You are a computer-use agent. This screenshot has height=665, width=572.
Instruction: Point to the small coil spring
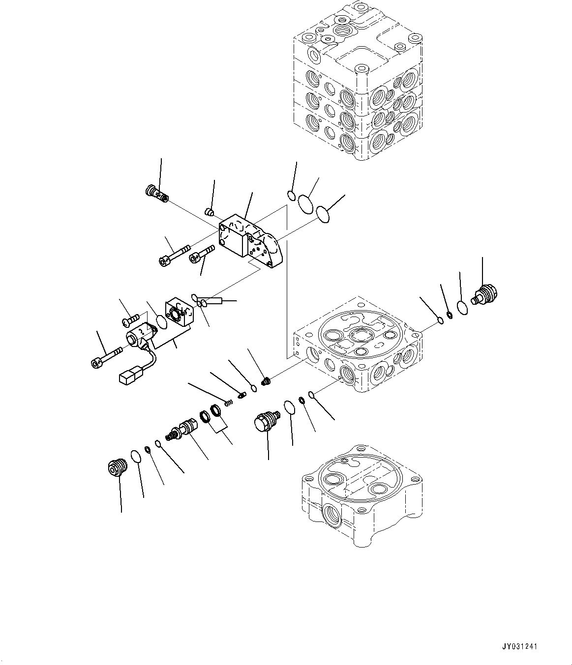click(228, 403)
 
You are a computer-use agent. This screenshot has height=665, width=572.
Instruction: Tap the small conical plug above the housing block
click(209, 212)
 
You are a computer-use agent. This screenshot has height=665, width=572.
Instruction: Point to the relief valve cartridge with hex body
click(184, 429)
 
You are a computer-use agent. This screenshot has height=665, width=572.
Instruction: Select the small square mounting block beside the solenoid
click(178, 312)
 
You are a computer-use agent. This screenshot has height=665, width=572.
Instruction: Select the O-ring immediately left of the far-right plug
click(462, 307)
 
